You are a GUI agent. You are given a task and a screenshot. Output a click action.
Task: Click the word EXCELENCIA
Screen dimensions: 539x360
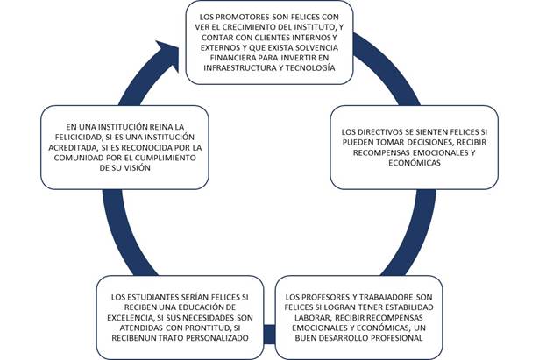click(x=130, y=317)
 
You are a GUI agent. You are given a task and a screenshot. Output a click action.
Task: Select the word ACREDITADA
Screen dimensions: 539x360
click(x=70, y=148)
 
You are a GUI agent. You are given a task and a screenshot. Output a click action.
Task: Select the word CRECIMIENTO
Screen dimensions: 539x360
click(x=252, y=27)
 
